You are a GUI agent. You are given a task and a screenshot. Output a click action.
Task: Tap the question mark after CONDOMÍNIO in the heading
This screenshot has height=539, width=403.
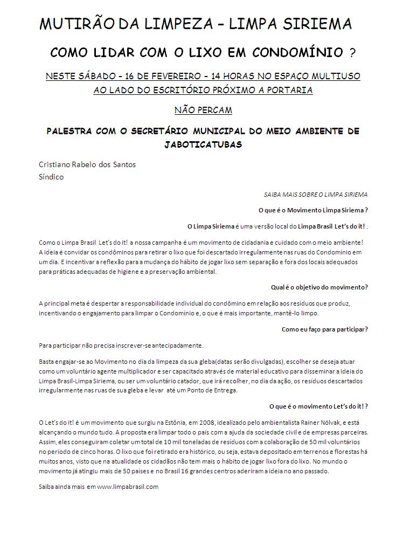coord(352,53)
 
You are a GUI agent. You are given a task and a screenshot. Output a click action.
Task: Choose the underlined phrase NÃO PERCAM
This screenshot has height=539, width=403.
coord(203,110)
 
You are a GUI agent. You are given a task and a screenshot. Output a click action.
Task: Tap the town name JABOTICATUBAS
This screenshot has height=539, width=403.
coord(203,144)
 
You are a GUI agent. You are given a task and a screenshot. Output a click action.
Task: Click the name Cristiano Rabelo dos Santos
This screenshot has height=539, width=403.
coord(87,164)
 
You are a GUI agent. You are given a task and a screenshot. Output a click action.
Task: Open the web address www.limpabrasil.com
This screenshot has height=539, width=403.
coord(127,487)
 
